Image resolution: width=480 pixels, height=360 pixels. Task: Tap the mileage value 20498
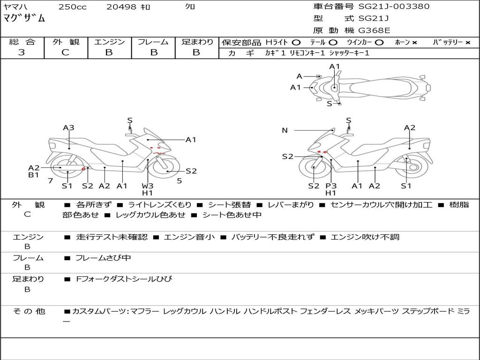[x=121, y=7]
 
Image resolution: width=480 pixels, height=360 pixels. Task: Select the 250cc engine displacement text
[x=72, y=7]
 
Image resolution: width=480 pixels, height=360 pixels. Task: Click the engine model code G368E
[x=375, y=30]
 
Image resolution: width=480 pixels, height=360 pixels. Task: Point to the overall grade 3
[x=22, y=52]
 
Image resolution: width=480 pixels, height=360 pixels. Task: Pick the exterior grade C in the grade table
[x=66, y=52]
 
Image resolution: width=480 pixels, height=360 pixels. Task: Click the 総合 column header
[x=22, y=42]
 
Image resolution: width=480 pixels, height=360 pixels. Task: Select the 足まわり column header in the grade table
[x=197, y=42]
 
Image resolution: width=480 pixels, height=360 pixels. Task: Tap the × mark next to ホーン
[x=414, y=43]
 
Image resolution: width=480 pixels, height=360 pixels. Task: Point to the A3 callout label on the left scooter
[x=69, y=127]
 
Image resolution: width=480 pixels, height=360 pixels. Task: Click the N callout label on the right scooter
[x=285, y=130]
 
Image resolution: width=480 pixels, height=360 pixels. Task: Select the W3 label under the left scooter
[x=148, y=186]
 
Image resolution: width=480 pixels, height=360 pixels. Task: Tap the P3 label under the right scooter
[x=331, y=186]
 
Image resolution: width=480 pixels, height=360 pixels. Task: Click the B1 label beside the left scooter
[x=34, y=175]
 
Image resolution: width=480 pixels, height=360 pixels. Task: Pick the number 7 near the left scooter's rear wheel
[x=50, y=180]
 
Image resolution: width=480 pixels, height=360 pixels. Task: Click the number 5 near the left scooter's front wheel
[x=180, y=180]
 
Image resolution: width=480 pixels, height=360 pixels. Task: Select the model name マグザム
[x=24, y=18]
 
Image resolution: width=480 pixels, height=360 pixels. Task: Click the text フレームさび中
[x=104, y=258]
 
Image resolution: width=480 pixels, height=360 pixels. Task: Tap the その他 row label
[x=29, y=311]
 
